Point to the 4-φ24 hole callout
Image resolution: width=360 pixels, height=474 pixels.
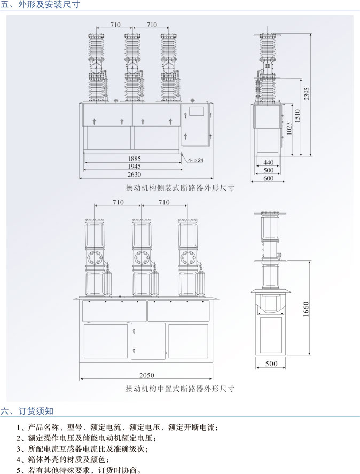click(x=195, y=160)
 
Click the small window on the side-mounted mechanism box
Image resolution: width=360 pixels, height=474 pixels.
click(x=195, y=112)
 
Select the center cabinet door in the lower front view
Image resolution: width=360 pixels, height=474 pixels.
click(x=148, y=341)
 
